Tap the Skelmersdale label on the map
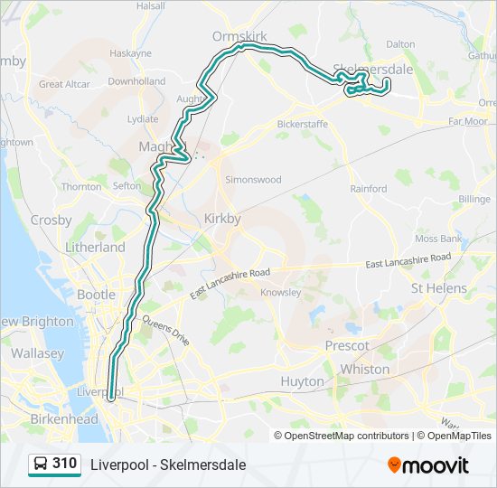[372, 68]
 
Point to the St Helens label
[439, 288]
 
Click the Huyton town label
[302, 381]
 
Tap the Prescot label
[347, 345]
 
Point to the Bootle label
[96, 295]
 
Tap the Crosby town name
[51, 220]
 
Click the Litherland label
[95, 247]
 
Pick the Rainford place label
[369, 189]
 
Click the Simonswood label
[253, 179]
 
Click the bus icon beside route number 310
[40, 465]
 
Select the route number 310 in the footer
[64, 464]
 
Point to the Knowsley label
[279, 293]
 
